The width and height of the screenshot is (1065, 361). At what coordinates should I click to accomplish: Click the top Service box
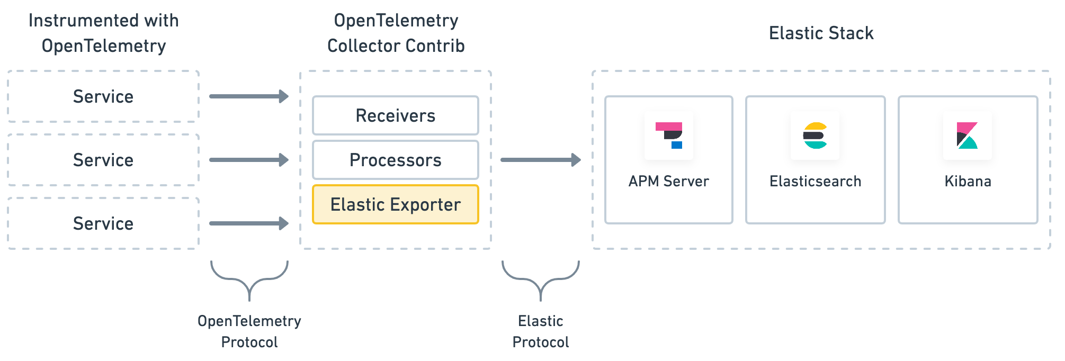103,96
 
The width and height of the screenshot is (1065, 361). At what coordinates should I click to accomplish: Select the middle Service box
103,160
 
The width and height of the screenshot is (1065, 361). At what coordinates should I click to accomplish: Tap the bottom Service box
103,223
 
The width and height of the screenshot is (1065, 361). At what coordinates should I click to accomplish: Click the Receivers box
395,115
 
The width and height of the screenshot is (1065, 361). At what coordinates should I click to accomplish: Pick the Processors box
395,160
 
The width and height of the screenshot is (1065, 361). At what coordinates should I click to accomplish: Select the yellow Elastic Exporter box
395,204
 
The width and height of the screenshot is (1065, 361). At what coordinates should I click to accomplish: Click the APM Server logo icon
669,136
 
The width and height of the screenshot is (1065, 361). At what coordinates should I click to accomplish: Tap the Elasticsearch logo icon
815,136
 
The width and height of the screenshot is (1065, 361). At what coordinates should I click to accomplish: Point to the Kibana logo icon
967,136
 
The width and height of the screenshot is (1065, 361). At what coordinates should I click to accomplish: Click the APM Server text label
668,181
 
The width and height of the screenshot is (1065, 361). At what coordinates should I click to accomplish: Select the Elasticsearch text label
815,181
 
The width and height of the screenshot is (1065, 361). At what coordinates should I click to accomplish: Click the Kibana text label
968,181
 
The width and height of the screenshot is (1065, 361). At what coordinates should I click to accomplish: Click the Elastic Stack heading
821,33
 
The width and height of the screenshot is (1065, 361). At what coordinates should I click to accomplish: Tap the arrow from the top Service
249,96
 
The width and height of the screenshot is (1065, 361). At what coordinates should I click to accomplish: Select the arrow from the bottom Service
249,223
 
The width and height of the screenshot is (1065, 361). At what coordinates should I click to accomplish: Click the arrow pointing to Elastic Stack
540,160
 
